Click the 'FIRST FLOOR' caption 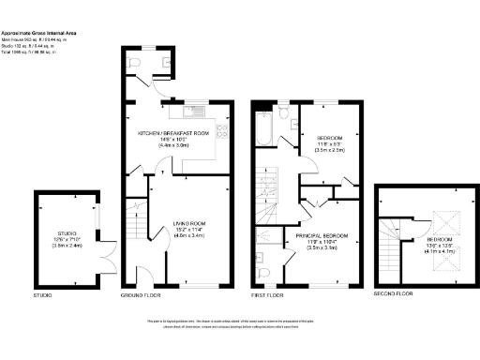267,295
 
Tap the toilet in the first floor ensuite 266,273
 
